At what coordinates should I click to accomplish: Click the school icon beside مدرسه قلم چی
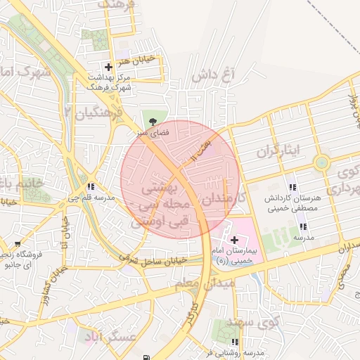click(91, 187)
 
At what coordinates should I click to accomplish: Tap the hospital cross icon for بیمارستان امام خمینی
click(234, 240)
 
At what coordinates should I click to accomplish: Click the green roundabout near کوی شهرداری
click(322, 163)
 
